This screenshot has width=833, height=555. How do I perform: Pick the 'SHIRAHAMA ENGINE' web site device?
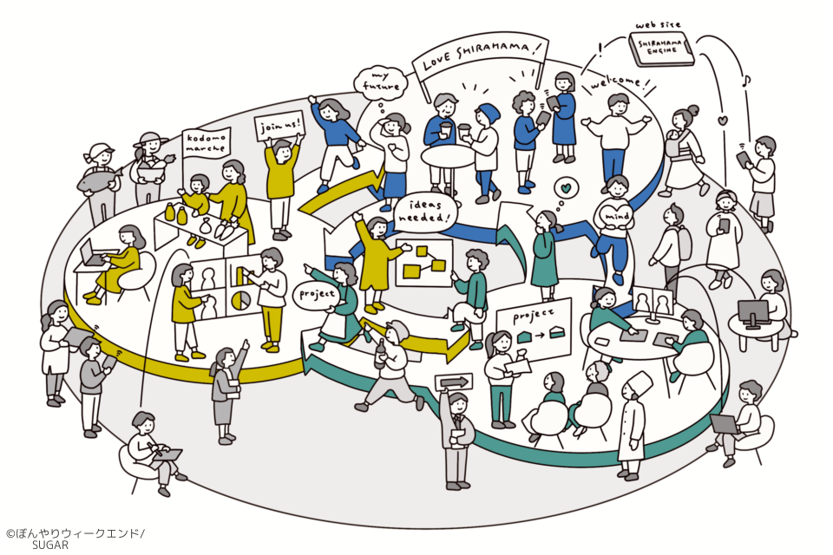pyautogui.click(x=661, y=49)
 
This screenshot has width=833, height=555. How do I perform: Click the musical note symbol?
pyautogui.click(x=747, y=81)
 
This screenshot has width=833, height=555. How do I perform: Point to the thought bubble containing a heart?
pyautogui.click(x=565, y=187)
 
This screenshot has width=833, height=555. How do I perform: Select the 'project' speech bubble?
pyautogui.click(x=318, y=295)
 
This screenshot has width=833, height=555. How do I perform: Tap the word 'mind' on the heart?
pyautogui.click(x=616, y=216)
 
